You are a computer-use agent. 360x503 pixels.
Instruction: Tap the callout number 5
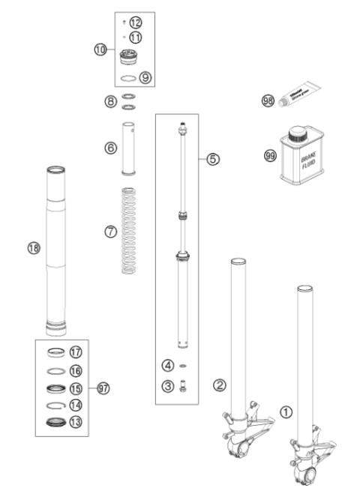pos(213,159)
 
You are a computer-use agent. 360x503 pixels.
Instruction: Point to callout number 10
pos(100,50)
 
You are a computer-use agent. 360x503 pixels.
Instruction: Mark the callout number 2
pos(219,385)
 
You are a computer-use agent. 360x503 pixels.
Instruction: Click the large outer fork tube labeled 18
pos(58,247)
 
